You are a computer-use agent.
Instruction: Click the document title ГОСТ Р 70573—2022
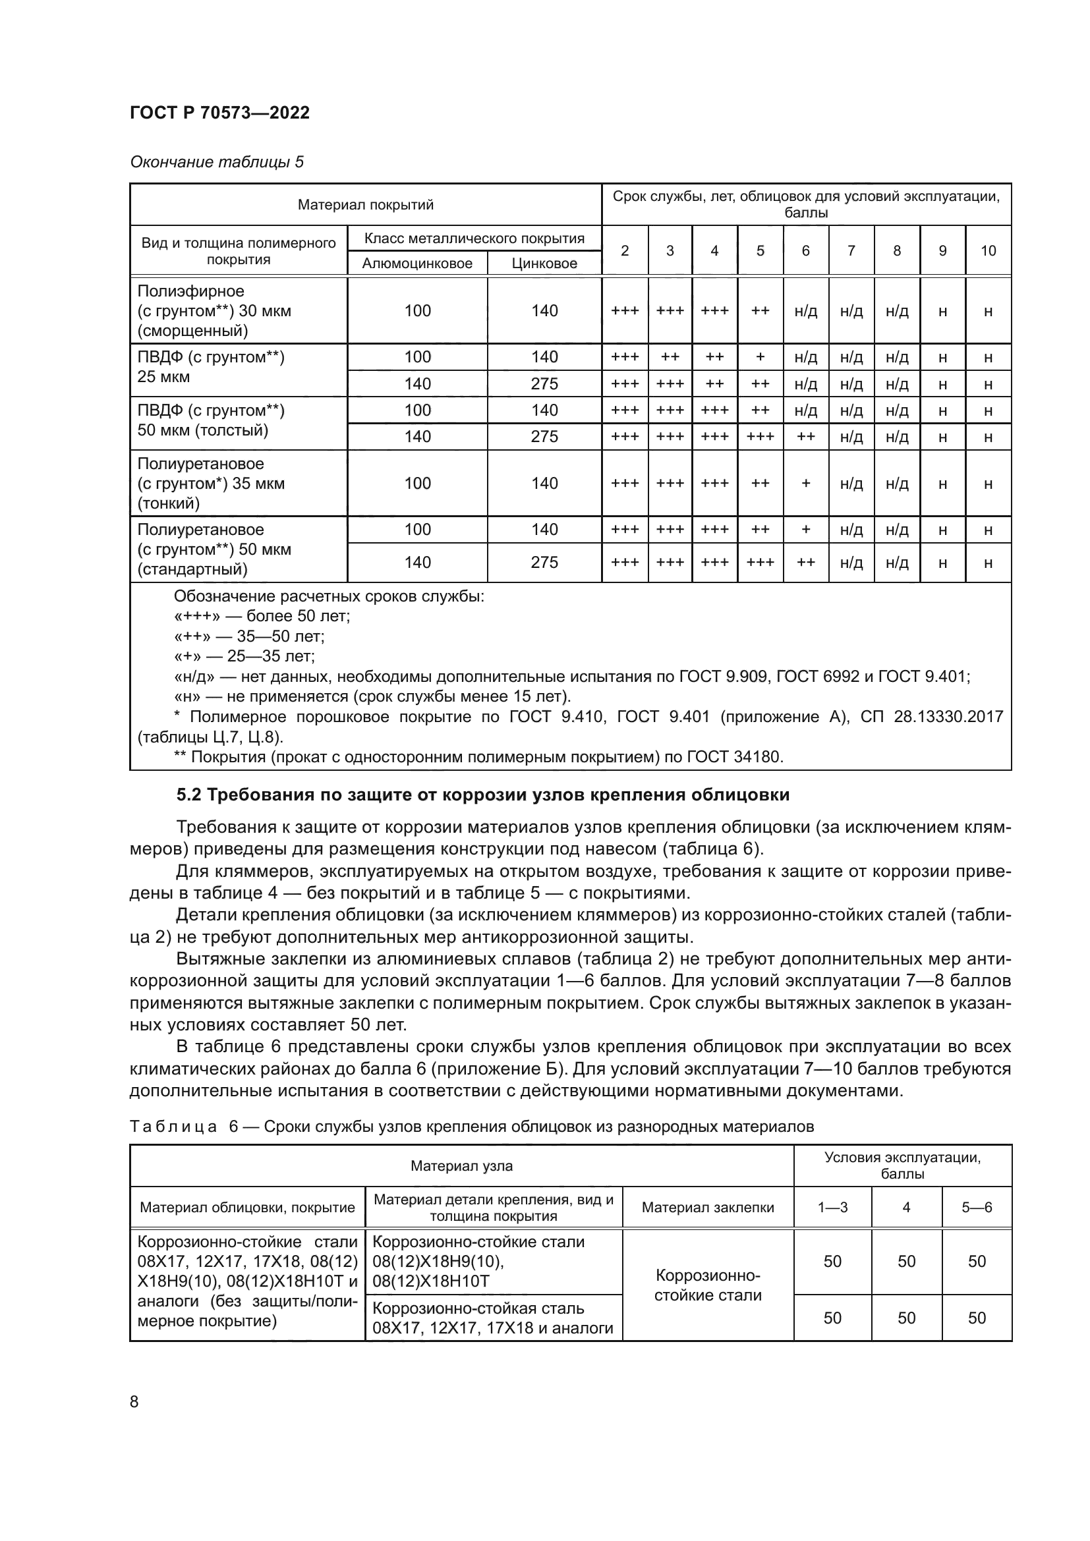pyautogui.click(x=219, y=113)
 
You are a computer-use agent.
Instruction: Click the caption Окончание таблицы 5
pyautogui.click(x=216, y=162)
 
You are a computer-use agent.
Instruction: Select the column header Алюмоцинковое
pyautogui.click(x=416, y=263)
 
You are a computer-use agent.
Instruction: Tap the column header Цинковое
pyautogui.click(x=544, y=263)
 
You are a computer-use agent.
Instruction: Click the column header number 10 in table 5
pyautogui.click(x=987, y=250)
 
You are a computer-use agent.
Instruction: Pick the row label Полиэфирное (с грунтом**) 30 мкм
pyautogui.click(x=214, y=311)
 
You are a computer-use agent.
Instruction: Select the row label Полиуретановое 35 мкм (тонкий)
pyautogui.click(x=211, y=483)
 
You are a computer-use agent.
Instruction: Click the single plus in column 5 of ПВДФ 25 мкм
pyautogui.click(x=760, y=357)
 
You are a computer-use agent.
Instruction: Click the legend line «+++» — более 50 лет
pyautogui.click(x=262, y=616)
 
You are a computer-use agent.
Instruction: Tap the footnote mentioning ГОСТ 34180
pyautogui.click(x=478, y=757)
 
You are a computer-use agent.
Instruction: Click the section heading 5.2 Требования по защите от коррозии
pyautogui.click(x=482, y=795)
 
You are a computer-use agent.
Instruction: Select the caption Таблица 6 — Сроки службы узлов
pyautogui.click(x=471, y=1126)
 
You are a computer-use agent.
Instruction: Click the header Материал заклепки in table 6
pyautogui.click(x=707, y=1208)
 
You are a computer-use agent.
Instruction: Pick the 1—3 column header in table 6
pyautogui.click(x=832, y=1208)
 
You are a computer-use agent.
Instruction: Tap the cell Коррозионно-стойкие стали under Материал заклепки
pyautogui.click(x=707, y=1285)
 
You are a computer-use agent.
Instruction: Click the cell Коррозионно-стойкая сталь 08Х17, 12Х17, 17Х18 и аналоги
pyautogui.click(x=493, y=1318)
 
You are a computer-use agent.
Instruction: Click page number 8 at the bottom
pyautogui.click(x=134, y=1402)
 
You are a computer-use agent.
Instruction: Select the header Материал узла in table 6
pyautogui.click(x=461, y=1166)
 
